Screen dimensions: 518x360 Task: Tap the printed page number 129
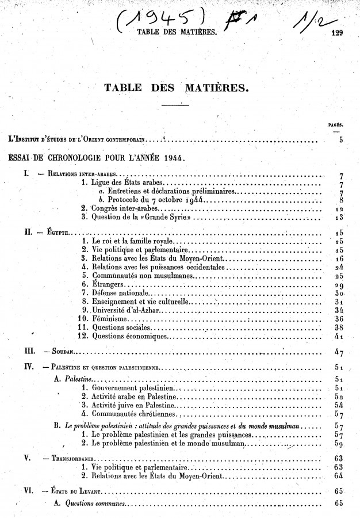337,33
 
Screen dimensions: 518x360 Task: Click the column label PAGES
336,124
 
